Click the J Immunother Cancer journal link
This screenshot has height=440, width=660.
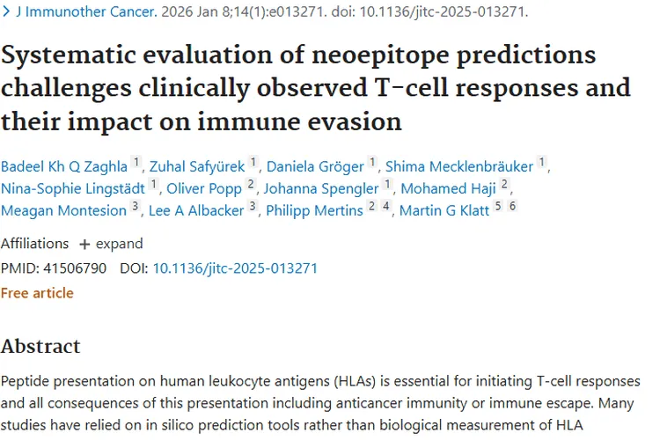pyautogui.click(x=85, y=13)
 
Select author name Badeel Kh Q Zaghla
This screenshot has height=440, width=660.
pyautogui.click(x=64, y=165)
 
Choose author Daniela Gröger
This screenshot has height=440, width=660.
pyautogui.click(x=315, y=165)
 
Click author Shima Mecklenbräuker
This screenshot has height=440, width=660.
pyautogui.click(x=459, y=165)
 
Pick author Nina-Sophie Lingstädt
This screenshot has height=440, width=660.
pyautogui.click(x=73, y=187)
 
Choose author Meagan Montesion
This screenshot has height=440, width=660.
pyautogui.click(x=63, y=210)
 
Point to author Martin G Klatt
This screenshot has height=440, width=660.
pyautogui.click(x=444, y=210)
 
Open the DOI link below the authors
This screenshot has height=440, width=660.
pyautogui.click(x=235, y=268)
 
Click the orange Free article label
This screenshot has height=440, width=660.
pyautogui.click(x=37, y=292)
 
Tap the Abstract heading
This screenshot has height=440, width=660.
pyautogui.click(x=40, y=346)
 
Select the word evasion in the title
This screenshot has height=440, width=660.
pyautogui.click(x=351, y=120)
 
